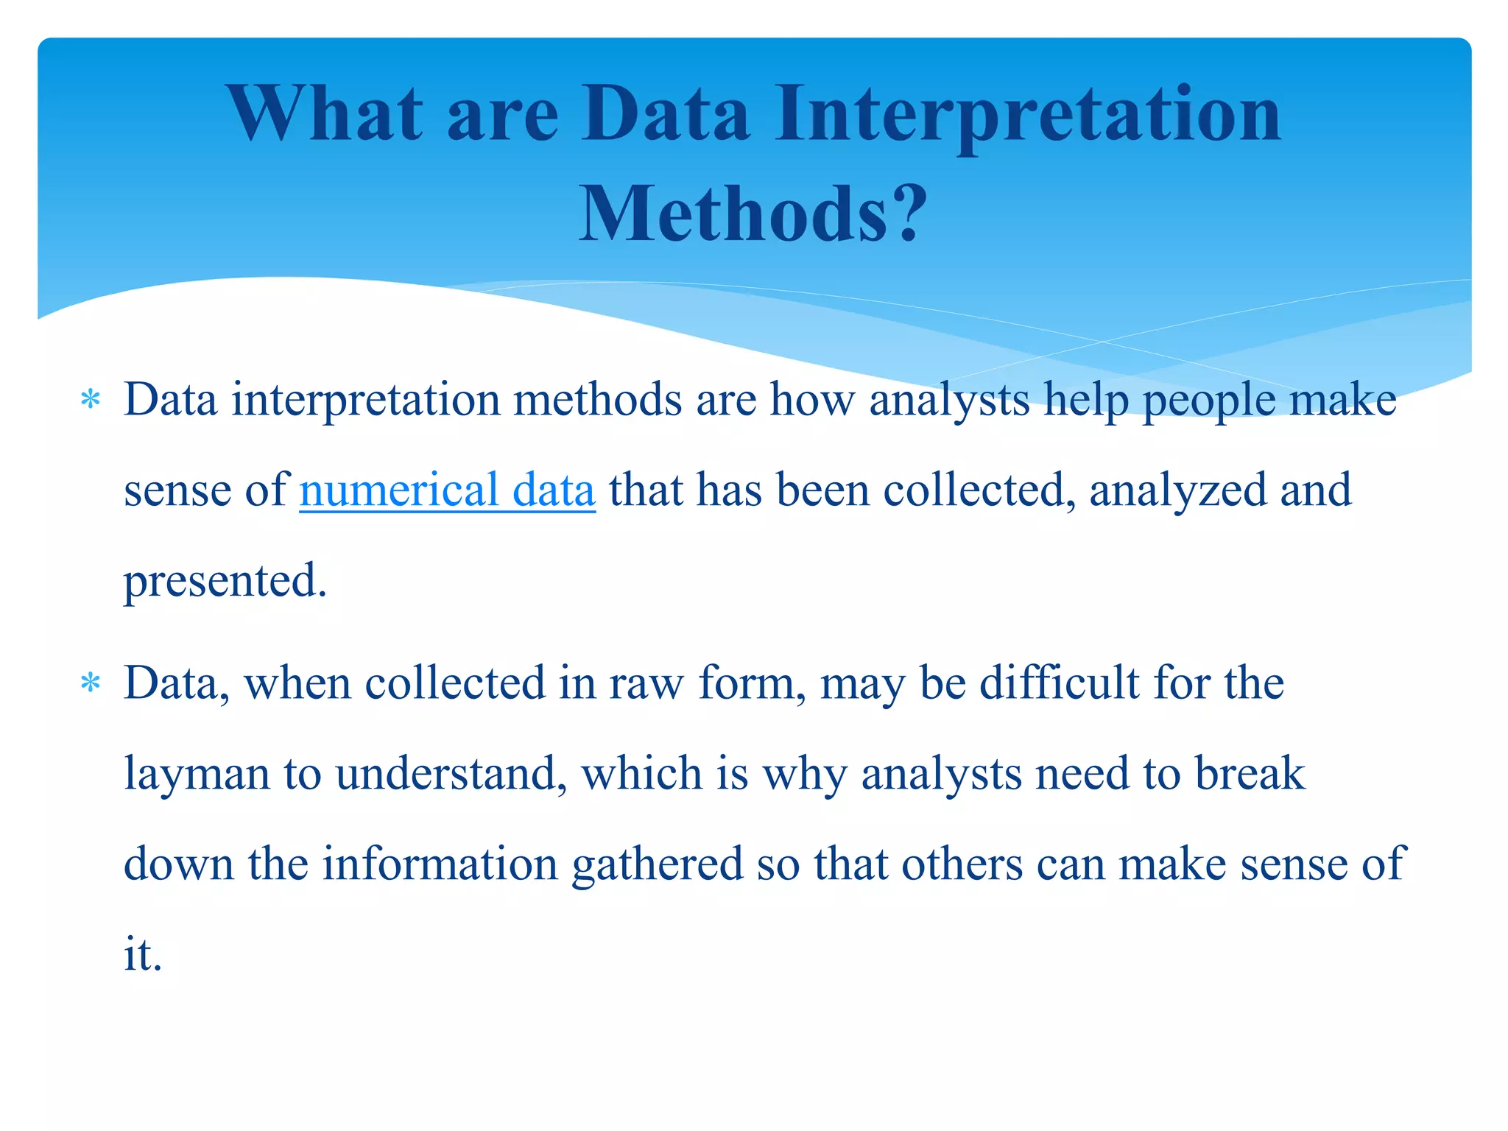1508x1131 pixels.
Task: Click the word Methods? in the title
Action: [753, 214]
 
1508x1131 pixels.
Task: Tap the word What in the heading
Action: [324, 114]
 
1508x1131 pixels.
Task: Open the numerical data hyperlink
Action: [447, 490]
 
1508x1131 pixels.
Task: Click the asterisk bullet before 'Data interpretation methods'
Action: [91, 401]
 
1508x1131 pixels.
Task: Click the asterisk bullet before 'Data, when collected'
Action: [91, 684]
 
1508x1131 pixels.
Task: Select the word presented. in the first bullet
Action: [225, 582]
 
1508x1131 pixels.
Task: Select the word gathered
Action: [658, 863]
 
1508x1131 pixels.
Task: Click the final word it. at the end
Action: [142, 955]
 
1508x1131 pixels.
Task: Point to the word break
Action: [1250, 773]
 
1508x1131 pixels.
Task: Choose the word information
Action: [440, 863]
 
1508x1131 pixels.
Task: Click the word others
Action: [962, 863]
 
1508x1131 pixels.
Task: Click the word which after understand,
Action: [641, 773]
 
